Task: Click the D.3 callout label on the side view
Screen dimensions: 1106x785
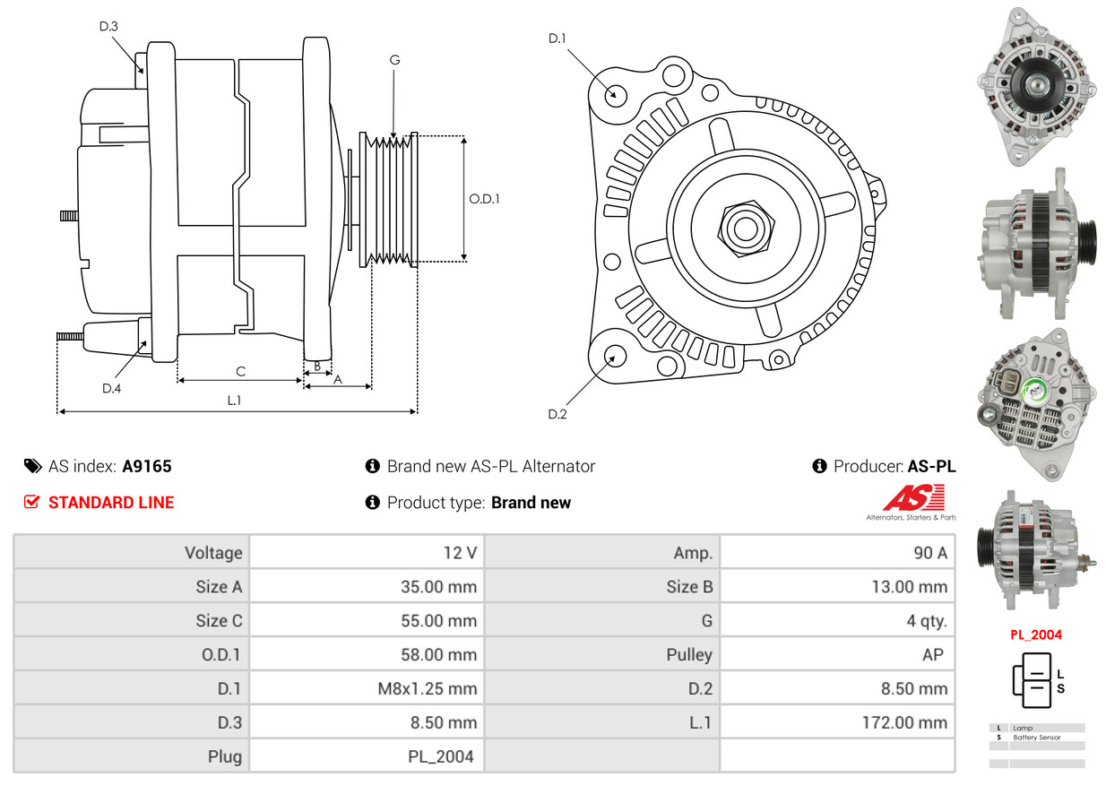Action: tap(108, 26)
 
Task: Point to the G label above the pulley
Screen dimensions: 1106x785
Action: tap(394, 60)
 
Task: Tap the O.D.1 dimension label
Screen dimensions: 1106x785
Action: tap(484, 199)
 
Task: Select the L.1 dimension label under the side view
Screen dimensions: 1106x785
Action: tap(234, 401)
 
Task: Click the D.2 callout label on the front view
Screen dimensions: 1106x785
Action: tap(557, 414)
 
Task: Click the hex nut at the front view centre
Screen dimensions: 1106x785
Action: tap(746, 229)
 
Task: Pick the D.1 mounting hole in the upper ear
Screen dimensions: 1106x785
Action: tap(615, 94)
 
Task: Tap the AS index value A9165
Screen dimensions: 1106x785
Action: tap(147, 467)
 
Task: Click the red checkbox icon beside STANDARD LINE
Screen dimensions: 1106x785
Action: tap(31, 502)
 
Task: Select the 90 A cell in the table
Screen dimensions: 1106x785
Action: tap(930, 553)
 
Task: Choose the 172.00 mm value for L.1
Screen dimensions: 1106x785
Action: tap(904, 722)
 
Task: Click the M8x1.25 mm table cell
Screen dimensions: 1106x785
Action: tap(428, 689)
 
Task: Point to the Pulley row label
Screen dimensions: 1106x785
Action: tap(689, 655)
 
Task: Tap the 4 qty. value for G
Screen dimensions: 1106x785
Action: tap(927, 621)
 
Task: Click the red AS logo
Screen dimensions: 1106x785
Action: tap(914, 497)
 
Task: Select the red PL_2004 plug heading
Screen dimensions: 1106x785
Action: tap(1035, 635)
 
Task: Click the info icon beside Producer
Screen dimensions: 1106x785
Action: tap(819, 466)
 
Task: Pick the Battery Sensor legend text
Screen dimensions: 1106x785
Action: tap(1036, 738)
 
